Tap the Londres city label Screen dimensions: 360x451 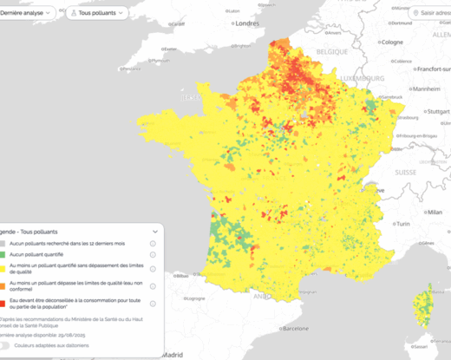[247, 23]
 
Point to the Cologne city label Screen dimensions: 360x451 [392, 42]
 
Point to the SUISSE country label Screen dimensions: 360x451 [406, 172]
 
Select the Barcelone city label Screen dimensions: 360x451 [295, 329]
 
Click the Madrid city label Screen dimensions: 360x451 [173, 354]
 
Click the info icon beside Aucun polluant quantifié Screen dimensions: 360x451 [153, 255]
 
